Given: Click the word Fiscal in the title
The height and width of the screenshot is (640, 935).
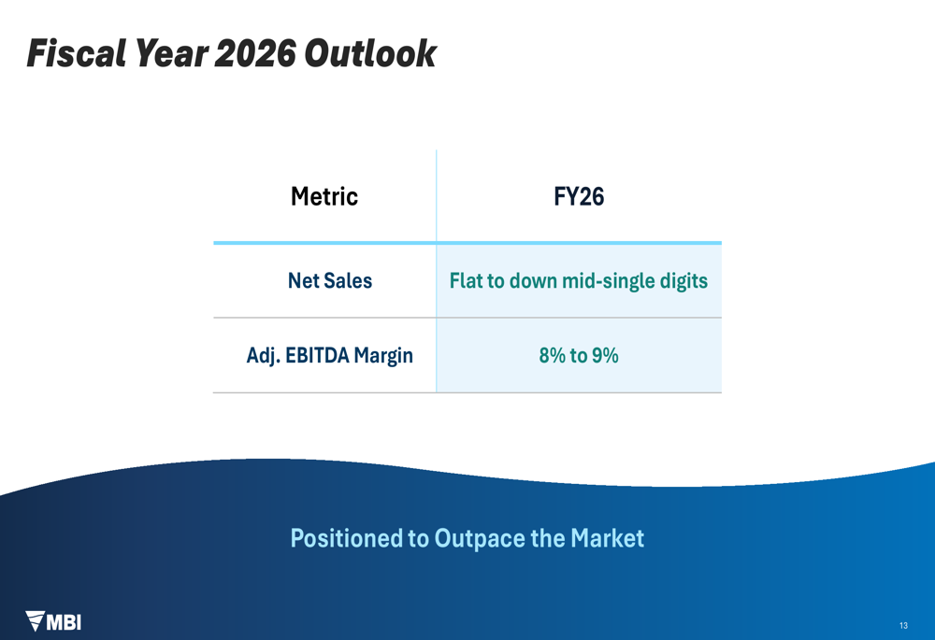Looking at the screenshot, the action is tap(77, 53).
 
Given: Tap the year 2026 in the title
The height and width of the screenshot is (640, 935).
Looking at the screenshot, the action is tap(254, 53).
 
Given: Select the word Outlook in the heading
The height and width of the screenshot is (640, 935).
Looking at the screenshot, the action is tap(370, 53).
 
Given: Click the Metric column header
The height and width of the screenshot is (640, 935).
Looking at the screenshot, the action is tap(324, 196).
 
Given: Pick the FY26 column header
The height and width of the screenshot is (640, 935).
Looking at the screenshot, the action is tap(579, 196).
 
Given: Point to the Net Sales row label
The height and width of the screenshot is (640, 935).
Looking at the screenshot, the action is tap(330, 280).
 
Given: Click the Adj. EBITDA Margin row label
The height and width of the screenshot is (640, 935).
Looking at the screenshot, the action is tap(330, 356).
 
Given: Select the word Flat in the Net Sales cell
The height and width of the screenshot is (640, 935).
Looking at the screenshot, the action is tap(466, 280).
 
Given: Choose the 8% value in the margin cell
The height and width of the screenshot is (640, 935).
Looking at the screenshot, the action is tap(553, 356).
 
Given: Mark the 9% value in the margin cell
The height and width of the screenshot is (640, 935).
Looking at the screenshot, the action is tap(605, 356).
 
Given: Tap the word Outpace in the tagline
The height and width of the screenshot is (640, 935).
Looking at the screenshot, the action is tap(480, 539).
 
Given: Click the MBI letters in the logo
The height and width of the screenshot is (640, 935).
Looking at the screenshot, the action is tap(64, 623).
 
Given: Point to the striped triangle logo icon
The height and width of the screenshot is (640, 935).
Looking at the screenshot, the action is tap(36, 620).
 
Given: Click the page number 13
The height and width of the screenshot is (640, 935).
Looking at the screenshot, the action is tap(903, 626).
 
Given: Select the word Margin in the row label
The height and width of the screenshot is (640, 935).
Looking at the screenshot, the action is tap(383, 356).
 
